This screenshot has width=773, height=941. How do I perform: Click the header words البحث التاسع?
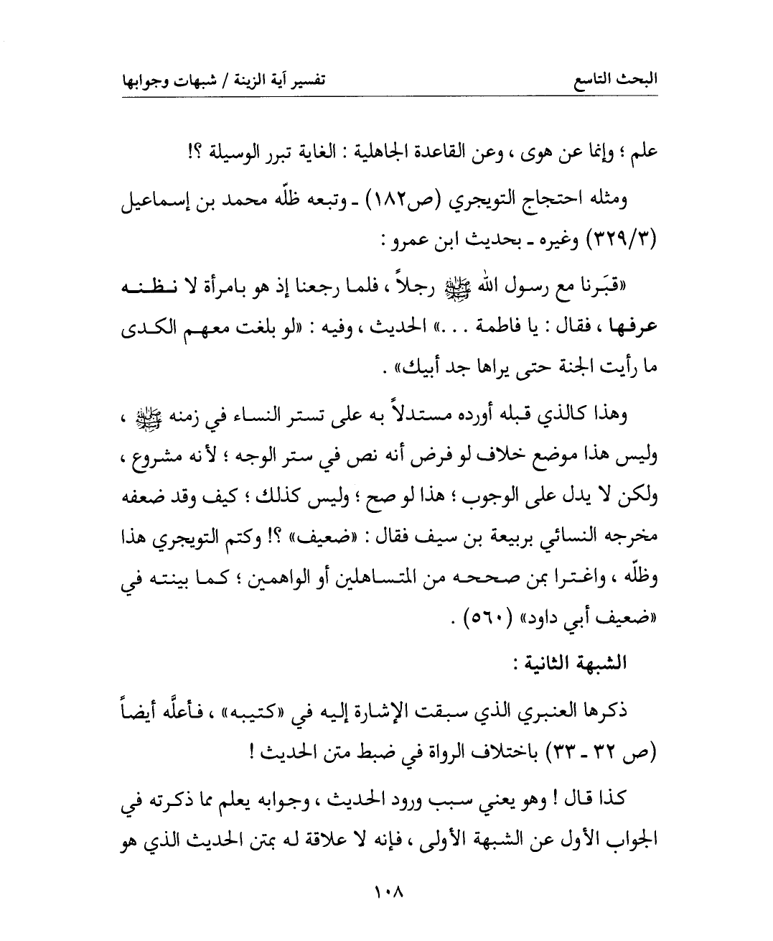pos(621,79)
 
